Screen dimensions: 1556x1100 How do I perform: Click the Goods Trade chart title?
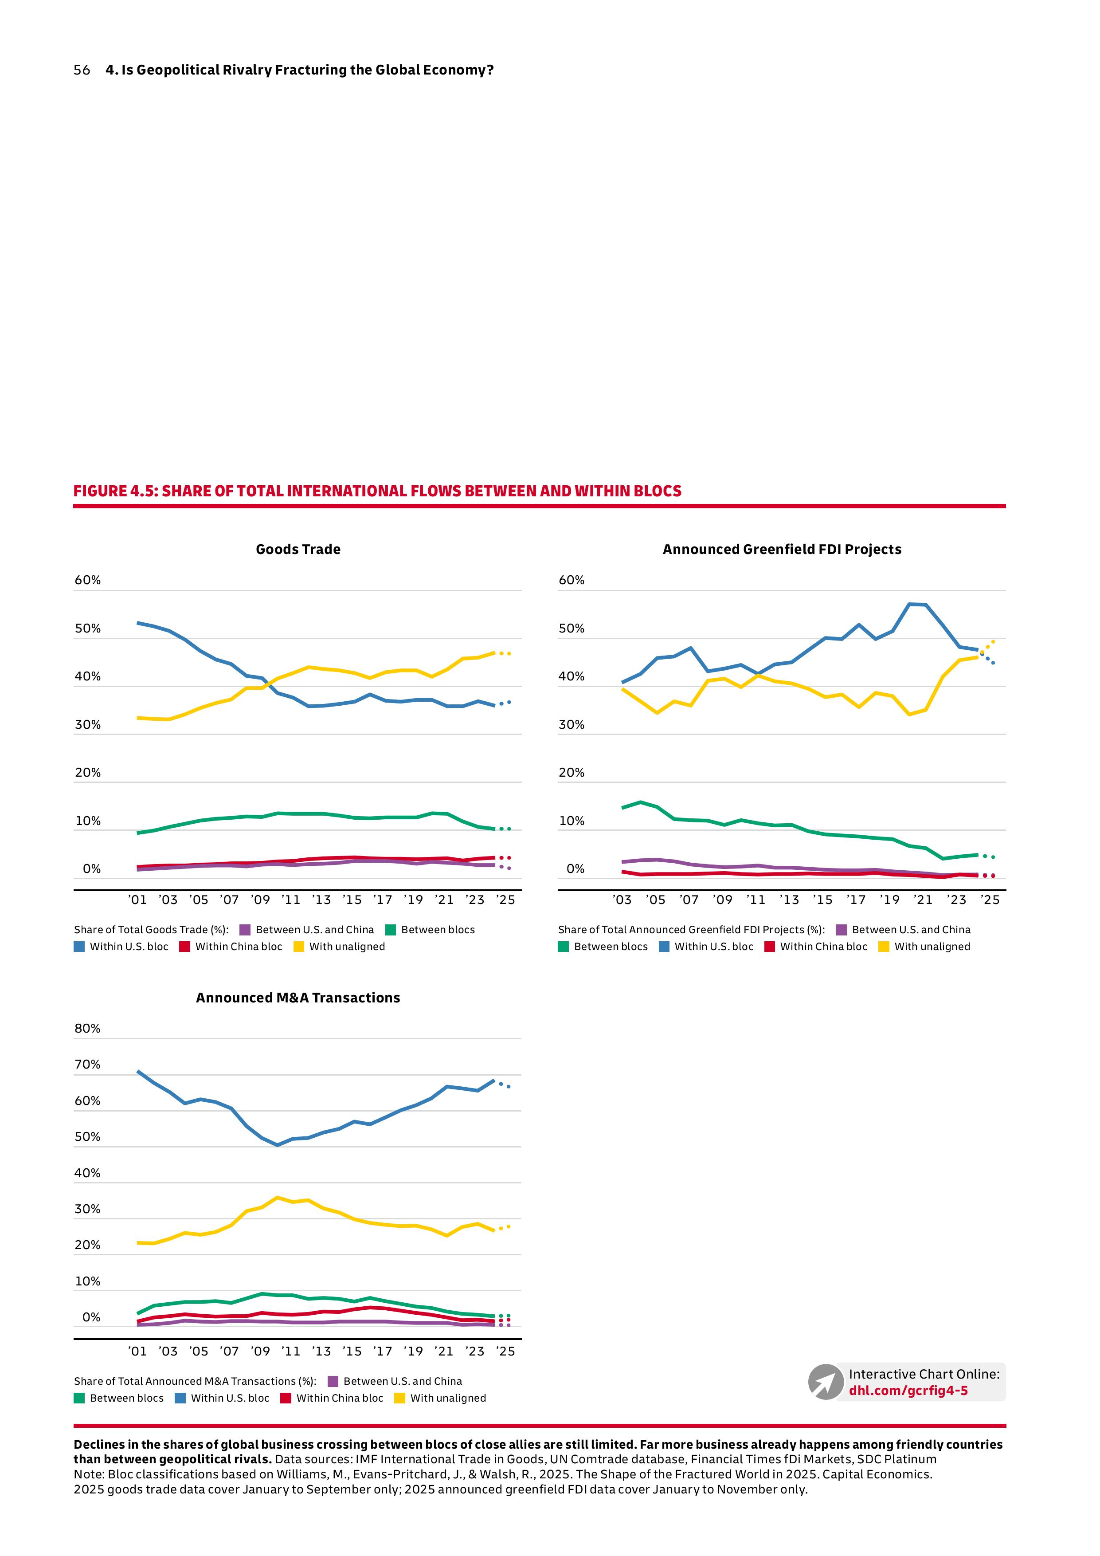tap(298, 550)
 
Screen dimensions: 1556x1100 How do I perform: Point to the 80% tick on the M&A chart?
tap(87, 1029)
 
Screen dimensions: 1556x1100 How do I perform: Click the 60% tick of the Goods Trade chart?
tap(87, 580)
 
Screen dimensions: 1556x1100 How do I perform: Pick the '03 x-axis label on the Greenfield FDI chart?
tap(622, 900)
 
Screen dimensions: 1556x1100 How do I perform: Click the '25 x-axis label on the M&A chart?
tap(505, 1352)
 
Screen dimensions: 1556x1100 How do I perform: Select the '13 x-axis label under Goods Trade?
tap(321, 900)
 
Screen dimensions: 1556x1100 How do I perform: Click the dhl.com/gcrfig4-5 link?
tap(908, 1391)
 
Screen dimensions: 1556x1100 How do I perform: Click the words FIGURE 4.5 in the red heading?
tap(115, 491)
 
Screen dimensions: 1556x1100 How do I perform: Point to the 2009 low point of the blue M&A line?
tap(277, 1145)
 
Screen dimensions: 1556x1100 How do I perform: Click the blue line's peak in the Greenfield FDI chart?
tap(910, 604)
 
